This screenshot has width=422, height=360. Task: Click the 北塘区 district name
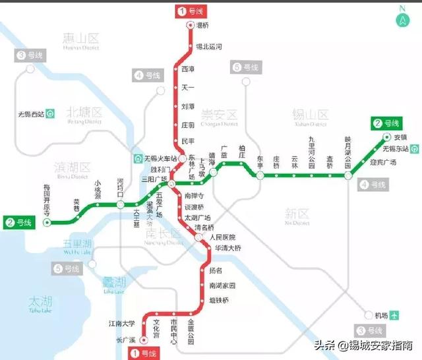point(84,113)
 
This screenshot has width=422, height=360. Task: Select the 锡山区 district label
point(309,114)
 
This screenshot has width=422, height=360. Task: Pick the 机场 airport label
point(380,315)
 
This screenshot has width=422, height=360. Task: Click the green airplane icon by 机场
point(395,315)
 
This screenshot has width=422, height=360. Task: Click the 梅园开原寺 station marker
point(47,223)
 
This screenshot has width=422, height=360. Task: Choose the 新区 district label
point(296,214)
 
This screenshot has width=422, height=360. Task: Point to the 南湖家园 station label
point(222,285)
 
